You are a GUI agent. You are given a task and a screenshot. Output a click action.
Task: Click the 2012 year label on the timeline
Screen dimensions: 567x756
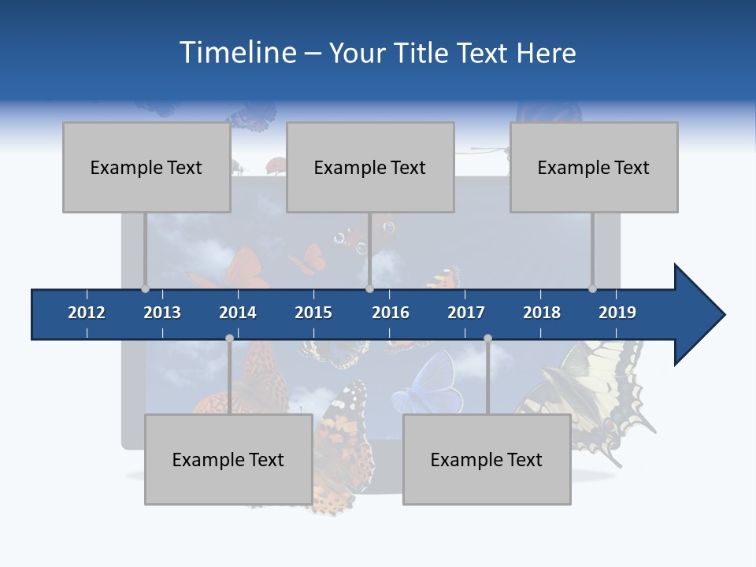[87, 313]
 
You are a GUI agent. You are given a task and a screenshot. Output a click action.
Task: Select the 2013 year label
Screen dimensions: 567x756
[162, 313]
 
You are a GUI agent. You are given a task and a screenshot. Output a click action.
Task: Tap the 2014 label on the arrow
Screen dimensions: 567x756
[238, 313]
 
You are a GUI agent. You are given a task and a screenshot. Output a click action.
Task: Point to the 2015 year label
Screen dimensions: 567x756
[313, 313]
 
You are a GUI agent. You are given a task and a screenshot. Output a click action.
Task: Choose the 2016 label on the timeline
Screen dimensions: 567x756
[391, 313]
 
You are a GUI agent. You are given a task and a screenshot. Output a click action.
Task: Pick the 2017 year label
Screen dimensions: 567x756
[466, 313]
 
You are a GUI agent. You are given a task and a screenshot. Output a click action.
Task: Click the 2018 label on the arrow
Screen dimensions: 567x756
[542, 313]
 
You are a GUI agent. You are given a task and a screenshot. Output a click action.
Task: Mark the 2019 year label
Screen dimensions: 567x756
[617, 313]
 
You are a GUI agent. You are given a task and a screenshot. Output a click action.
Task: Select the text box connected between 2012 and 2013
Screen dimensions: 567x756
[146, 167]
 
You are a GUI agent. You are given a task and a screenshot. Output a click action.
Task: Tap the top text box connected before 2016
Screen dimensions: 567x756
[370, 167]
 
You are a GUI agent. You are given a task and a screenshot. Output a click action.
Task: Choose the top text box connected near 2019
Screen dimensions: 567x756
[594, 167]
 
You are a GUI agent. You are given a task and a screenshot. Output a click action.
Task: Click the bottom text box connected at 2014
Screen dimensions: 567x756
[228, 459]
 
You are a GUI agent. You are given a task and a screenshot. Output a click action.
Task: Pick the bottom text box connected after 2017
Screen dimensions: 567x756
[487, 459]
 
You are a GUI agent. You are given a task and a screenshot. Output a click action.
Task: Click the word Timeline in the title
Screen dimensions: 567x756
[236, 52]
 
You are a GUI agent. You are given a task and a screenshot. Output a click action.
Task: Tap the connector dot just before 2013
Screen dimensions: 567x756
[145, 289]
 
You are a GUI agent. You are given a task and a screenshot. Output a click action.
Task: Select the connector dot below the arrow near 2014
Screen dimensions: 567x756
[229, 339]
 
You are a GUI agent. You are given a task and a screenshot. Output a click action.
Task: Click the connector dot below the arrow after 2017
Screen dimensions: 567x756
[487, 339]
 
